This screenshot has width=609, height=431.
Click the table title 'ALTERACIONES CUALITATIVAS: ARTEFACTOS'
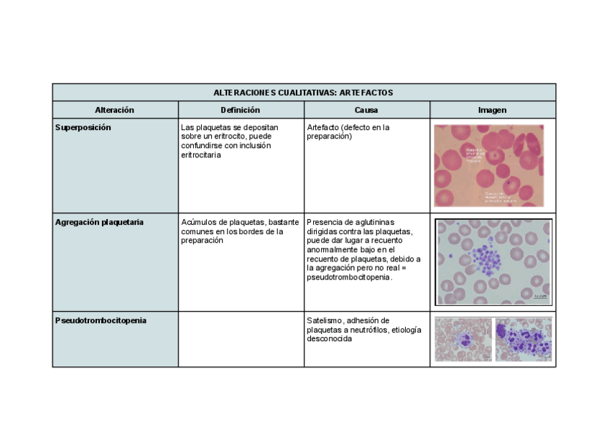click(x=303, y=93)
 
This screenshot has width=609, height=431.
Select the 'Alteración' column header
click(x=115, y=110)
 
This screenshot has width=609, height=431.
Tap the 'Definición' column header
click(x=241, y=110)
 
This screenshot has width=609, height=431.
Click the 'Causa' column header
click(x=366, y=110)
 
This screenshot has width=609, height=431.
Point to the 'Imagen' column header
click(x=493, y=110)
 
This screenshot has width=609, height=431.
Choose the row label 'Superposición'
click(x=83, y=127)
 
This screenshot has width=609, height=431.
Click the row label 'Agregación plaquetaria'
click(x=99, y=222)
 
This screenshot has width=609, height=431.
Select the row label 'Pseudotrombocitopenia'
click(x=101, y=320)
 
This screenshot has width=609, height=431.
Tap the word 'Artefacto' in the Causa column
click(x=322, y=127)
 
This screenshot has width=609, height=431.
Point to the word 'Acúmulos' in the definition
click(x=199, y=222)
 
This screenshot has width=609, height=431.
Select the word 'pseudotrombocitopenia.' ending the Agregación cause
click(x=350, y=278)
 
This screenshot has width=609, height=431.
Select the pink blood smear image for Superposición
click(x=488, y=165)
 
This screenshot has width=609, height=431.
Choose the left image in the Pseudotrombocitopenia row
click(x=463, y=339)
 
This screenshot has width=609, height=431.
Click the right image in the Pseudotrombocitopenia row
click(x=523, y=339)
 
